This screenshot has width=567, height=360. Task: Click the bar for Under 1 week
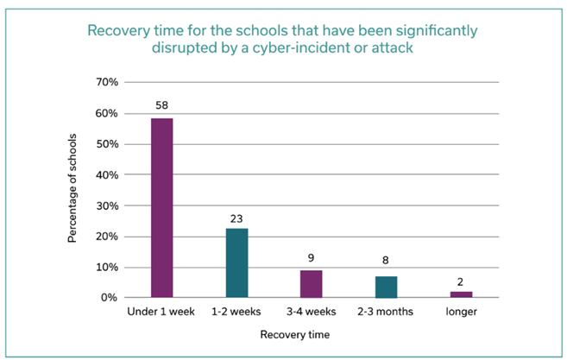(162, 208)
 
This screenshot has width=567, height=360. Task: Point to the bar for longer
(461, 294)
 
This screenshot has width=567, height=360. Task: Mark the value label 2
(461, 282)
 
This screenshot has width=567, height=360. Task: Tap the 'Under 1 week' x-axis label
(162, 311)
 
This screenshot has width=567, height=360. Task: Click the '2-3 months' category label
(387, 311)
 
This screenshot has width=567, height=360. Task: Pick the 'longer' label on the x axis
(461, 311)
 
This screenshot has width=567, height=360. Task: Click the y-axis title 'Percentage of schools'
(75, 189)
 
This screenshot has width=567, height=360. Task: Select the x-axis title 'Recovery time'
(312, 333)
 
